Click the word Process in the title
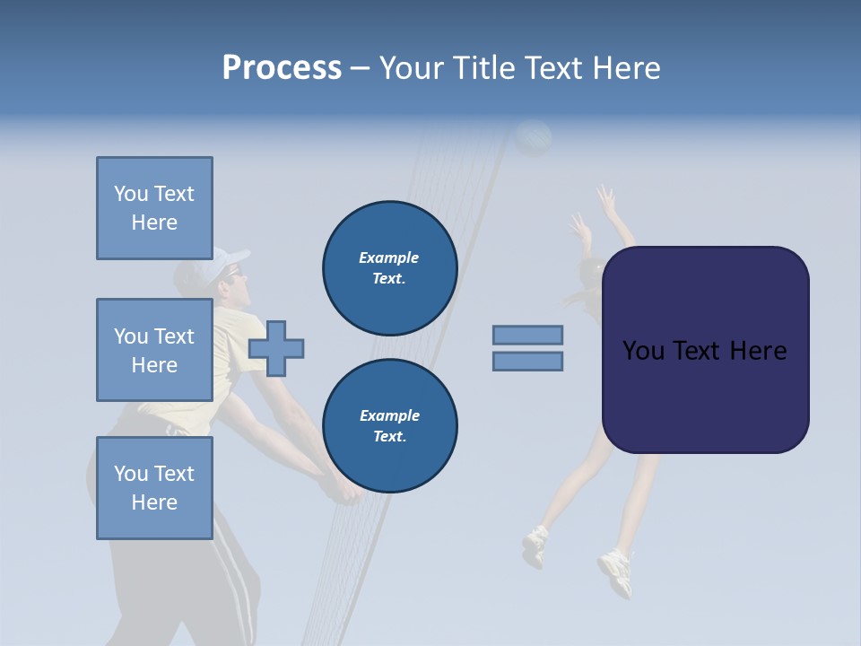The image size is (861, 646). [x=282, y=68]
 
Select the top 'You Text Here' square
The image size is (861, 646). [x=154, y=208]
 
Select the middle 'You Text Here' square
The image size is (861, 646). [x=154, y=350]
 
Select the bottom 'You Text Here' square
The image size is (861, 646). [x=154, y=487]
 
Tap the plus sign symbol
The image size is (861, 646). [x=276, y=347]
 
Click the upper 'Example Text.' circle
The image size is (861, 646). [x=390, y=268]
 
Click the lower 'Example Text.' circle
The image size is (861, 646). [x=390, y=426]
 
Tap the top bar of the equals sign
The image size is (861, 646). [x=527, y=335]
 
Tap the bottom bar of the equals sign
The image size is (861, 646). [x=527, y=361]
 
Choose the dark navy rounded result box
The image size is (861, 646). [x=705, y=350]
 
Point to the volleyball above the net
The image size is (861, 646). [x=534, y=138]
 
